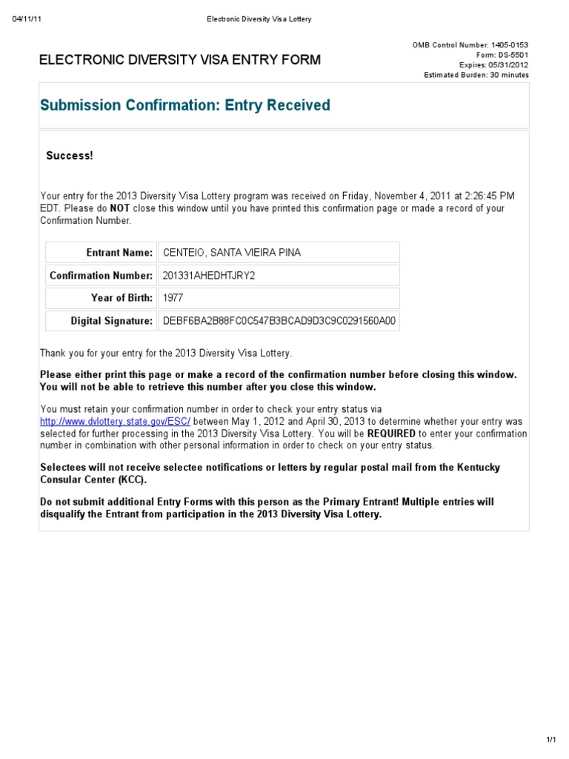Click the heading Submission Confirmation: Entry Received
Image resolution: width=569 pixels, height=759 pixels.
pyautogui.click(x=185, y=105)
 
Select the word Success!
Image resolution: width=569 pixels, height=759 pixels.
pyautogui.click(x=70, y=156)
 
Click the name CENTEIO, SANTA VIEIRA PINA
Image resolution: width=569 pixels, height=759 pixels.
pyautogui.click(x=231, y=253)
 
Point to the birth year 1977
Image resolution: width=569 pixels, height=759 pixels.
pyautogui.click(x=173, y=298)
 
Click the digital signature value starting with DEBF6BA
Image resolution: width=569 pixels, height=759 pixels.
pyautogui.click(x=279, y=321)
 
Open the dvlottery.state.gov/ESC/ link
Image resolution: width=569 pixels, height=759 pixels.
pyautogui.click(x=115, y=421)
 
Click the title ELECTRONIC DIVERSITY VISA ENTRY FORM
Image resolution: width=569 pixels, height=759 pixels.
pyautogui.click(x=180, y=60)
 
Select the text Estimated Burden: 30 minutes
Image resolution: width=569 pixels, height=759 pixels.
pyautogui.click(x=476, y=75)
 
